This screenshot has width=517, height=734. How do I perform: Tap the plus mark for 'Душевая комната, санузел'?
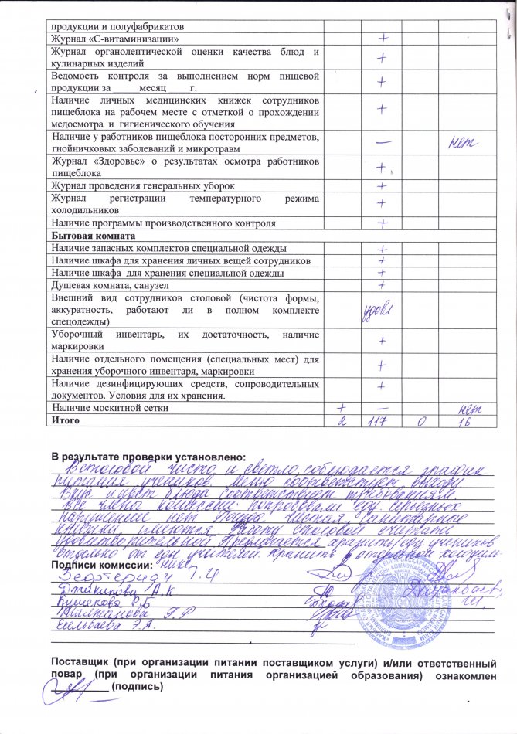click(x=381, y=285)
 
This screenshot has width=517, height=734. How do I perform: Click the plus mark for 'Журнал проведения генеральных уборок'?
click(x=381, y=186)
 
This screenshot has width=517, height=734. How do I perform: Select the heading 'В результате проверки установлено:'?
click(x=148, y=450)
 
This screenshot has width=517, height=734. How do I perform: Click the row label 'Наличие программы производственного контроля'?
click(x=163, y=223)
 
